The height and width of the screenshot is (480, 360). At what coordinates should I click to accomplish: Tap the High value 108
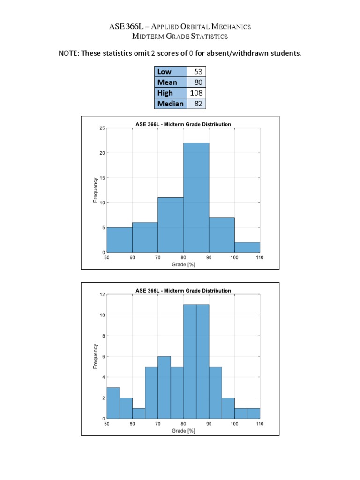point(196,93)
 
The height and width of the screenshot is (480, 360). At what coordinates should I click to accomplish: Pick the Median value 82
point(198,104)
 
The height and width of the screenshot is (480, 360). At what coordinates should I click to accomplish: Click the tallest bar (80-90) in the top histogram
point(196,197)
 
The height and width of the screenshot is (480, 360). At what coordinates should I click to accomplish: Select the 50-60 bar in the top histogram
point(120,240)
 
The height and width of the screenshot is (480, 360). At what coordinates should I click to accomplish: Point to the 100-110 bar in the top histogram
point(247,247)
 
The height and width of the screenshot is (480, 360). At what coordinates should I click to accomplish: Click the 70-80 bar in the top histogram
point(171,225)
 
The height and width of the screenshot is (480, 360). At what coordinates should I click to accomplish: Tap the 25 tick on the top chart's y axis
point(102,128)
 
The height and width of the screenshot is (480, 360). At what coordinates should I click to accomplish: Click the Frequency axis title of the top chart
point(95,190)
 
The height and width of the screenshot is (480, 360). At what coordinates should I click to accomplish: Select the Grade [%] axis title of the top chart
point(183,264)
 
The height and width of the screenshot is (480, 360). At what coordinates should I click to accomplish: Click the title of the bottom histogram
point(183,290)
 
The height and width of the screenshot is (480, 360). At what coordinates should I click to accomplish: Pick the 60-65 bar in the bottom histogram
point(139,413)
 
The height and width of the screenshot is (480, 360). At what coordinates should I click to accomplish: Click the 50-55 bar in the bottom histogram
point(113,403)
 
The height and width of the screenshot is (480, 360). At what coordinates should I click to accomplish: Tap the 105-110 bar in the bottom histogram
point(253,413)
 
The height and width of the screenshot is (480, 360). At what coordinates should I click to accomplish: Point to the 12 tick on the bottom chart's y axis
point(102,294)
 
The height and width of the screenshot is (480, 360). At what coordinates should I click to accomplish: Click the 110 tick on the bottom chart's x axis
point(259,424)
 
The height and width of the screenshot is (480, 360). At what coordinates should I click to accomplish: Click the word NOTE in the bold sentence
point(68,53)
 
